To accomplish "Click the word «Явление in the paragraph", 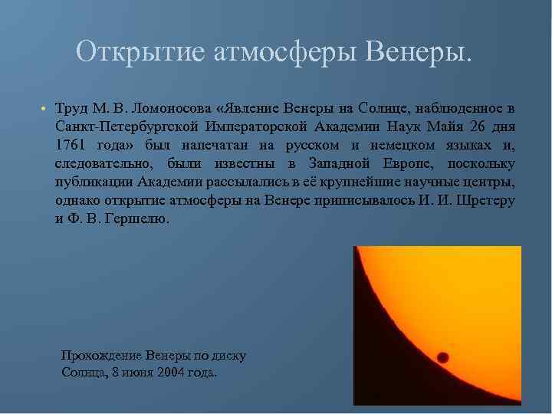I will (248, 106).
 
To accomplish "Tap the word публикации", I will (94, 182).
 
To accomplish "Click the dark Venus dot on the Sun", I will (443, 357).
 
